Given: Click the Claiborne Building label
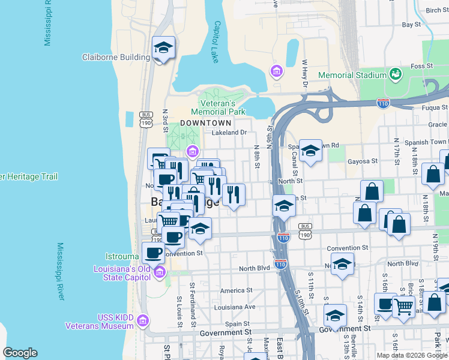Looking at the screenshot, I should (116, 57).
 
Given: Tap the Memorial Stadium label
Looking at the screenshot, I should (352, 75).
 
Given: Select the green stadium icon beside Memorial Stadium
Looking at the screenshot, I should (396, 74).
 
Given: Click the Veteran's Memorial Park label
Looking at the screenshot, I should (218, 107).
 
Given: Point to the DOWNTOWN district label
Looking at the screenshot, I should (206, 122).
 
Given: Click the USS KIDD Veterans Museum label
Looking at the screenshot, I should (99, 321).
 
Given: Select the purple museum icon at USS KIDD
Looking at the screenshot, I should (143, 321).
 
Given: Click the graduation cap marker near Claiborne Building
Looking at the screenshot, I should (163, 48).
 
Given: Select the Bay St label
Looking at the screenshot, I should (411, 25).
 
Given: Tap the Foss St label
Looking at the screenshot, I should (422, 66).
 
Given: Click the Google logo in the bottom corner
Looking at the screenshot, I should (20, 352).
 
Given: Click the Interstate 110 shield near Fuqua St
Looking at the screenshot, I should (383, 103).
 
